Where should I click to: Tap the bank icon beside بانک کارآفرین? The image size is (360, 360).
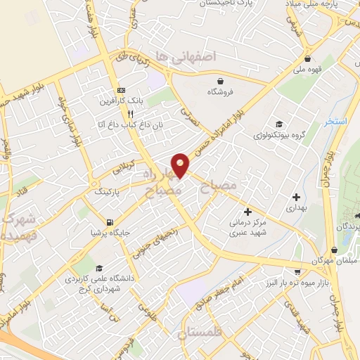[x=121, y=91]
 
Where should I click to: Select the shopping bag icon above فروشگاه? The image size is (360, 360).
[x=221, y=81]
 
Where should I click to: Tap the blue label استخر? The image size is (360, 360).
[x=337, y=122]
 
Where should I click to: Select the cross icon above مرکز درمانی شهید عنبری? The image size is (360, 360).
[x=247, y=211]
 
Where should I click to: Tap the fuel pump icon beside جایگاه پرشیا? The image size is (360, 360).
[x=94, y=231]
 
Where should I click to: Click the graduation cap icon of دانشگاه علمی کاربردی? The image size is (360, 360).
[x=99, y=268]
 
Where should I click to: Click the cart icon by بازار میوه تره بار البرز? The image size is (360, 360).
[x=298, y=271]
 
